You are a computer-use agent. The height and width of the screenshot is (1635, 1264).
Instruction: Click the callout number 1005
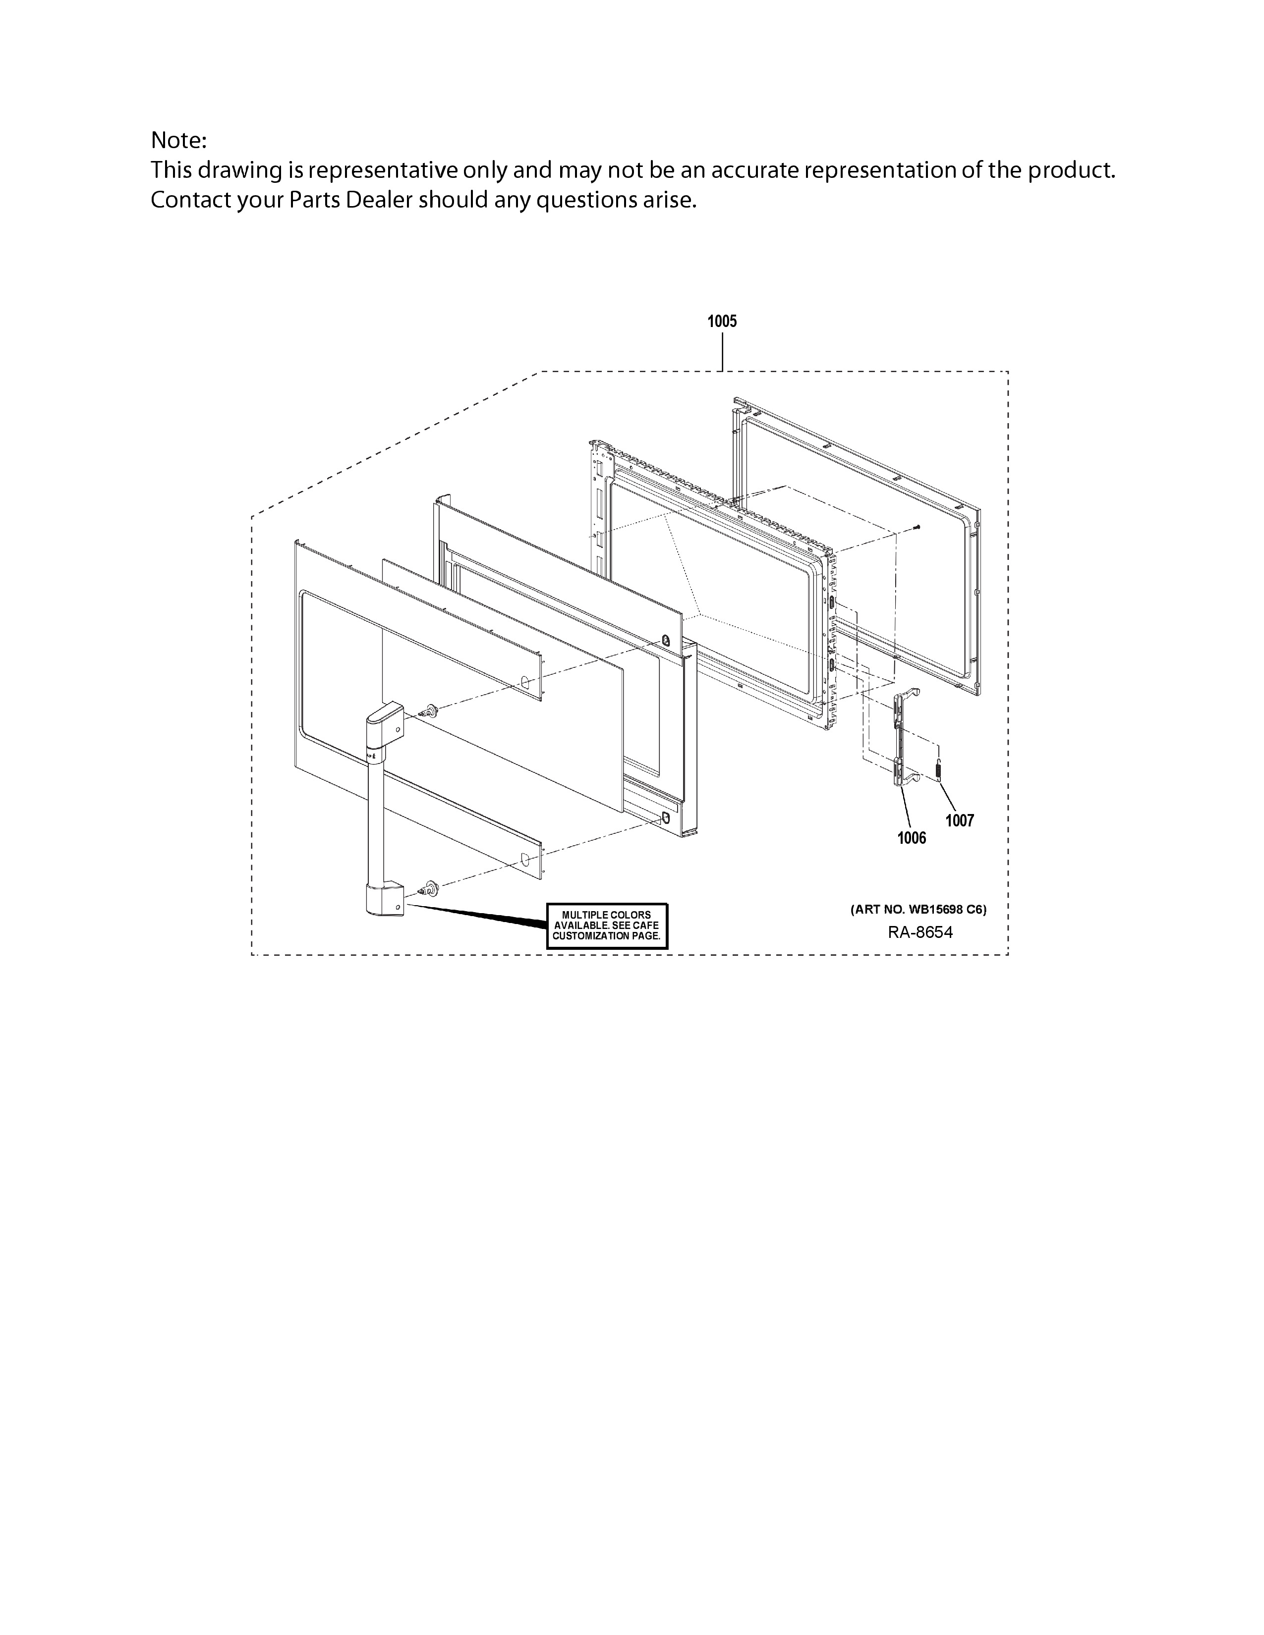tap(722, 321)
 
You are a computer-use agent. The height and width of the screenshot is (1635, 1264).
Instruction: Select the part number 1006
tap(911, 838)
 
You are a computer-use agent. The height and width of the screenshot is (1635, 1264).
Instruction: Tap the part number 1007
tap(959, 820)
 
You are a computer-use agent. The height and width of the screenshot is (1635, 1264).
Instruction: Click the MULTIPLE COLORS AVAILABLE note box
tap(607, 926)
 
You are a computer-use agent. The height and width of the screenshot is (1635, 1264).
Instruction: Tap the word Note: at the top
tap(178, 140)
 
